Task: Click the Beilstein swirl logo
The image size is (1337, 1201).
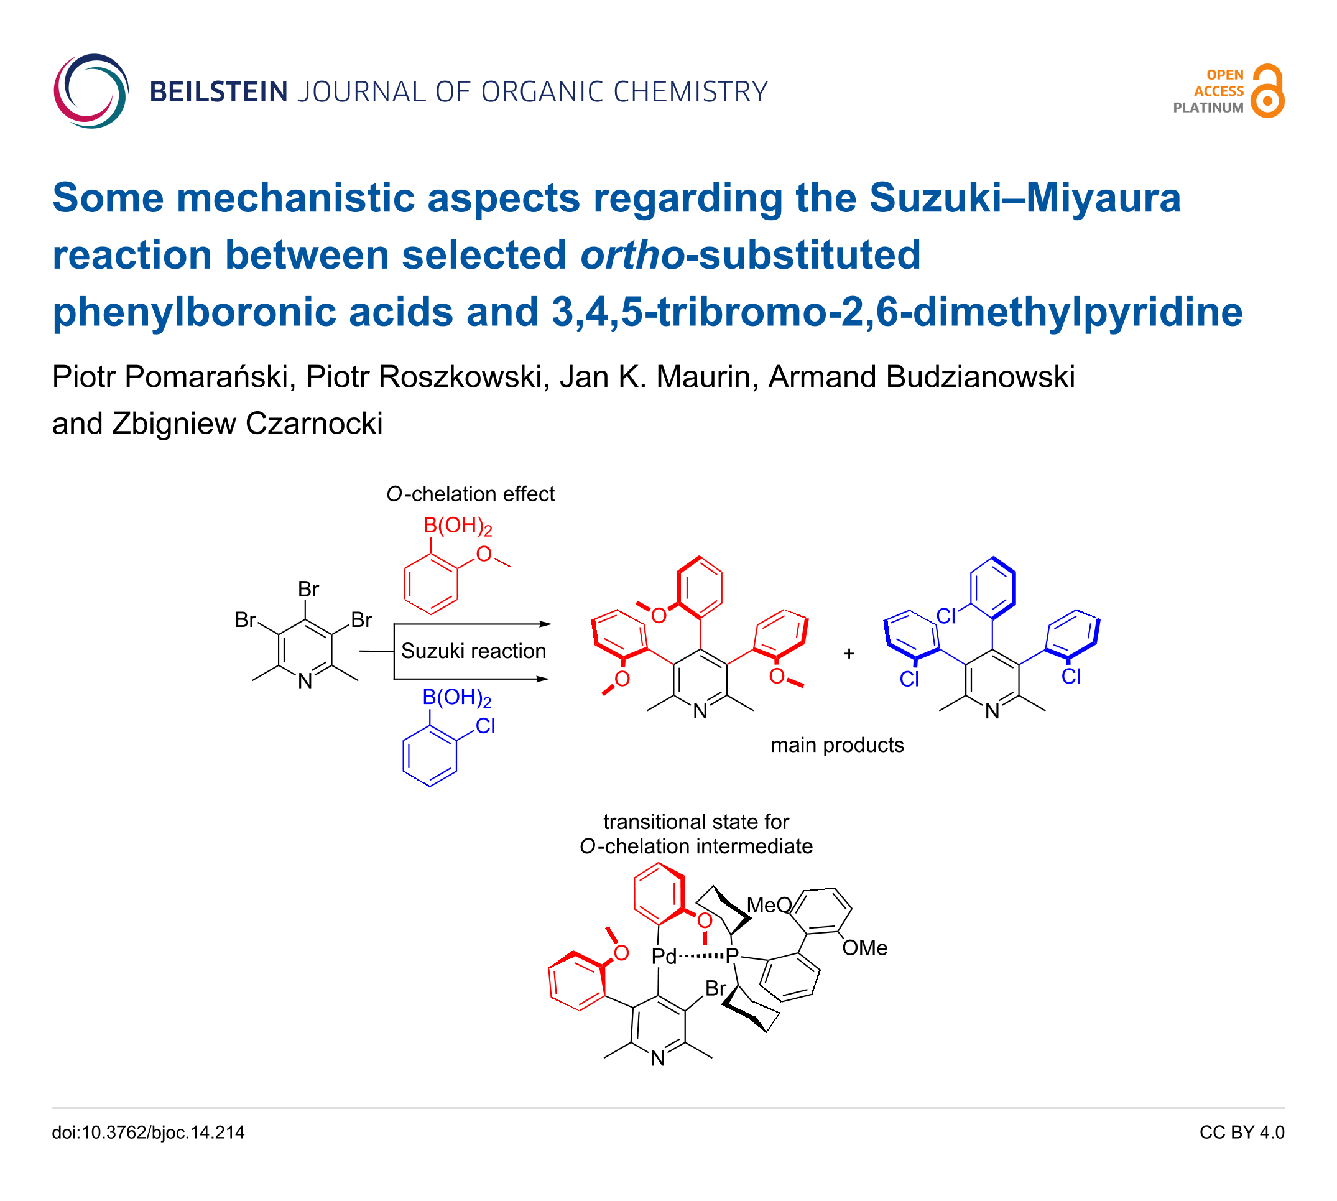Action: [90, 91]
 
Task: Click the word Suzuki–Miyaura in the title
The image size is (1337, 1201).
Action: [1024, 198]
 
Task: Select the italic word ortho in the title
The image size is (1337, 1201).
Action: [632, 256]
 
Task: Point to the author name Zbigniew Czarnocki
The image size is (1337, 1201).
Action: [247, 424]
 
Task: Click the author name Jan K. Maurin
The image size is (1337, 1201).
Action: [659, 378]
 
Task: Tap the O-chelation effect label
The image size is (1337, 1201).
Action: [470, 494]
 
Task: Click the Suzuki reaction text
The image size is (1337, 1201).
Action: [473, 651]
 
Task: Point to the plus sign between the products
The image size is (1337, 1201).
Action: [849, 653]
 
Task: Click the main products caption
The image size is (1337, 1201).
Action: [837, 745]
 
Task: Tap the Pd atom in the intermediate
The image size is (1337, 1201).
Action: [664, 956]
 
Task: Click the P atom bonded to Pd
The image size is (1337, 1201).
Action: [731, 955]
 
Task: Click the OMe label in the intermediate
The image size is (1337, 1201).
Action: [864, 948]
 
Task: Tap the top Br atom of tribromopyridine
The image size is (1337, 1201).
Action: [308, 588]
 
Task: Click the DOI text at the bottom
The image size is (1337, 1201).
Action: [148, 1133]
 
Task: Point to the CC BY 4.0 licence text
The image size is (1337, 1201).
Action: [1241, 1133]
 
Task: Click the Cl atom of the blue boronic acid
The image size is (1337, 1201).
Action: [485, 726]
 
